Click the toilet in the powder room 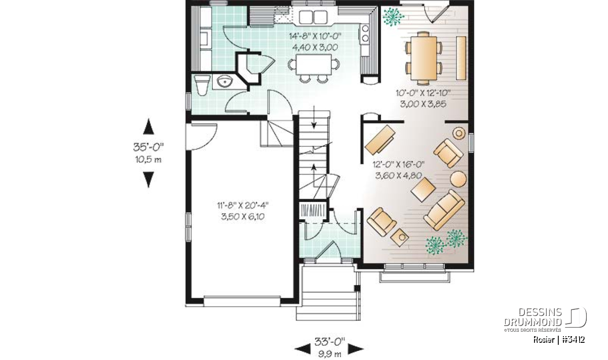[202, 85]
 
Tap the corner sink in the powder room [225, 81]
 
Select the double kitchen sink [313, 17]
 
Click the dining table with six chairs [424, 58]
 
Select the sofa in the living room [444, 210]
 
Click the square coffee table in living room [423, 190]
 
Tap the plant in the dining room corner [393, 16]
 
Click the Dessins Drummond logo [545, 319]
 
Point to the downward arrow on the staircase [314, 117]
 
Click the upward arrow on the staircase [314, 175]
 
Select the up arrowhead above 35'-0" [148, 127]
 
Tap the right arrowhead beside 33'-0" [356, 349]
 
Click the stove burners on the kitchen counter [365, 33]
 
